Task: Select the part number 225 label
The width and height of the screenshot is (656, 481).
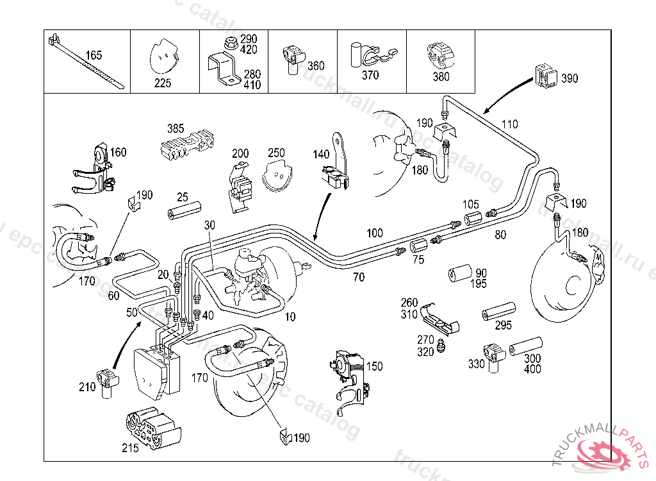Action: (x=163, y=83)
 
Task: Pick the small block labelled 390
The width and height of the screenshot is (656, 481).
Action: (x=544, y=76)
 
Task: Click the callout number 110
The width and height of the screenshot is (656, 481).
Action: (x=509, y=124)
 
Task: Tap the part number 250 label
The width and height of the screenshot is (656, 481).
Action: (x=276, y=153)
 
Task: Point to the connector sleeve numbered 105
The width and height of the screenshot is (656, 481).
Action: (x=472, y=218)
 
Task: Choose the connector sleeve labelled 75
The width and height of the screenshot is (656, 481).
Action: (x=418, y=246)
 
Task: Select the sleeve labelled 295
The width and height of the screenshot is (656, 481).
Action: (x=498, y=312)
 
